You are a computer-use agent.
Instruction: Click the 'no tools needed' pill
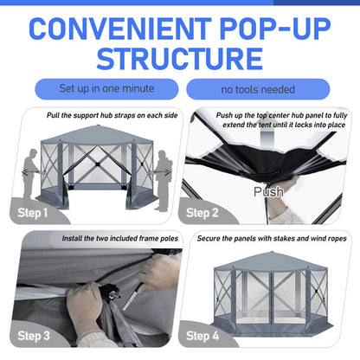[259, 89]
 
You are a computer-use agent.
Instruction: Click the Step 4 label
[209, 335]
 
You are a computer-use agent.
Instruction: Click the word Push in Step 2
[267, 192]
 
